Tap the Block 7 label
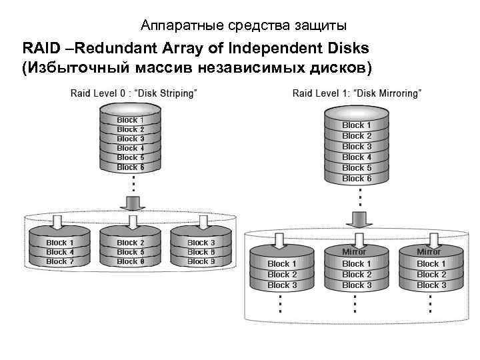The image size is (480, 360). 60,262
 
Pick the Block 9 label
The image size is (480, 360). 201,262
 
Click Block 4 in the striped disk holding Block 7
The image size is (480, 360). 60,253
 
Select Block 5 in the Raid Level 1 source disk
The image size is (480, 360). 357,168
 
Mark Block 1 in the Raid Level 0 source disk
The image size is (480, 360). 131,120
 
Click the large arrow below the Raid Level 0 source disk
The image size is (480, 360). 133,202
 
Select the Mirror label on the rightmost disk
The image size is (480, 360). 429,252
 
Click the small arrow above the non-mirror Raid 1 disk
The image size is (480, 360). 280,239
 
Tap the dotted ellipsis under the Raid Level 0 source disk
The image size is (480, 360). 133,183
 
